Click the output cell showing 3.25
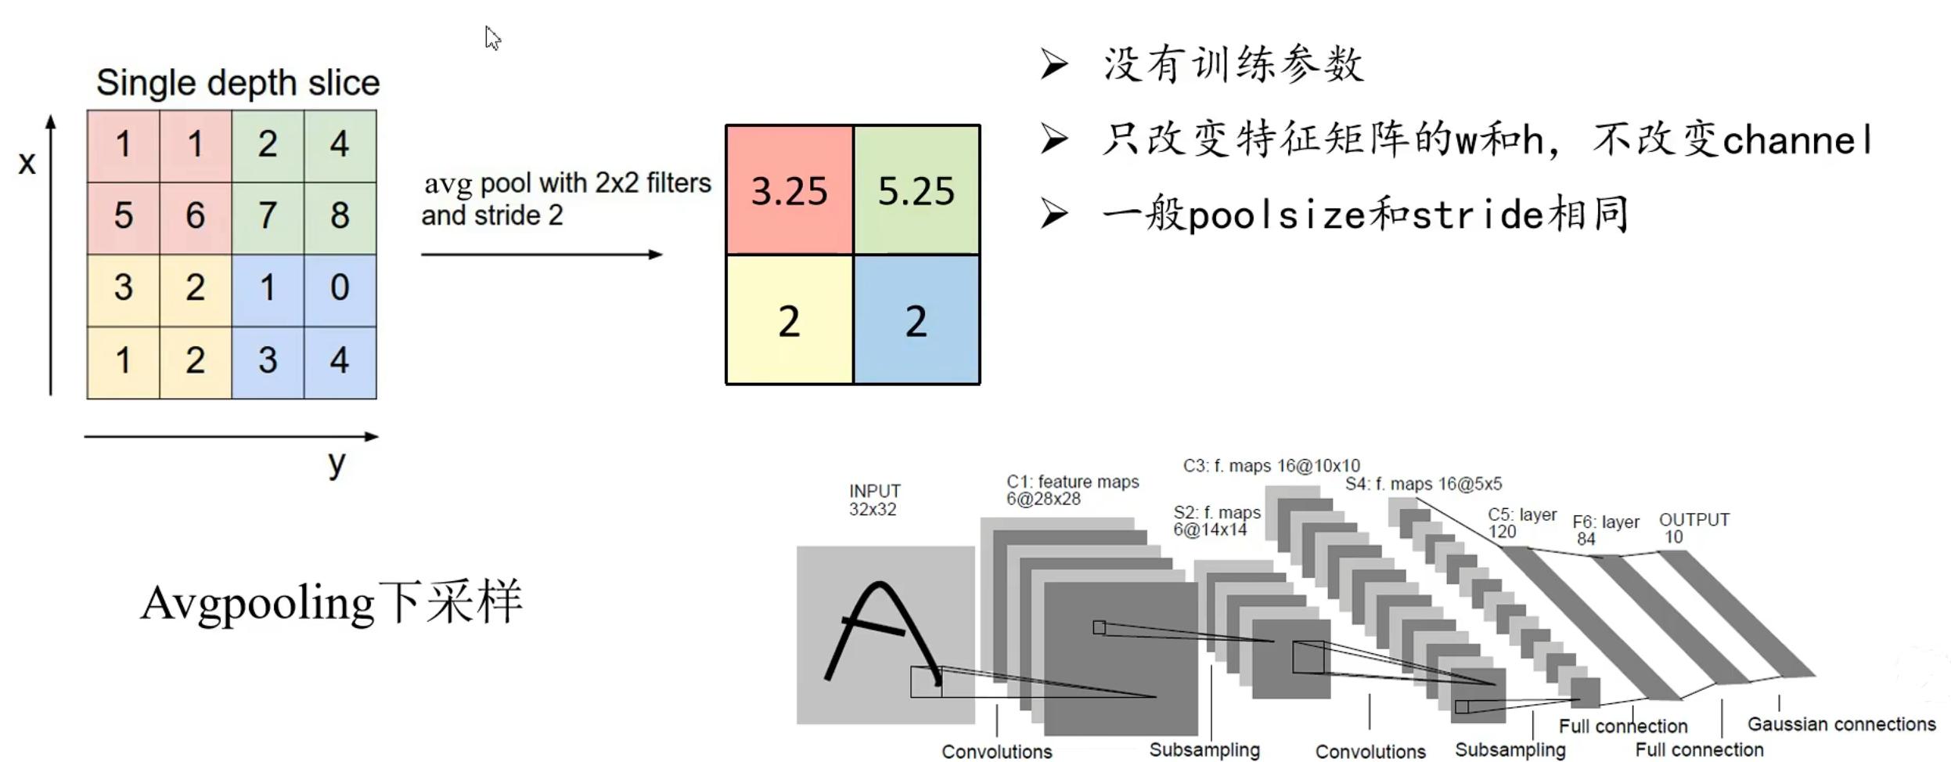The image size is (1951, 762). coord(789,190)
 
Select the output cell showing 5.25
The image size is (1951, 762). coord(916,190)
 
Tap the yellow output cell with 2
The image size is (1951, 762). coord(789,320)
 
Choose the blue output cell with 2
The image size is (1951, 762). coord(916,320)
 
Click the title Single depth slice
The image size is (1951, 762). coord(238,83)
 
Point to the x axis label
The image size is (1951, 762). coord(27,163)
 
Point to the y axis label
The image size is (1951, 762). coord(337,463)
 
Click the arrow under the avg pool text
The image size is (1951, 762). coord(542,254)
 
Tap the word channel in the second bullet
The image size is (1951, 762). coord(1798,141)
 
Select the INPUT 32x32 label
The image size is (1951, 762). coord(874,500)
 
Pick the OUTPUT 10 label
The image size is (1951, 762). coord(1693,528)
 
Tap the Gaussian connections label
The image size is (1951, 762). coord(1841,724)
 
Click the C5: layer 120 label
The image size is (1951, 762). coord(1521,523)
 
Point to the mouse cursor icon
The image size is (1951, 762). coord(492,38)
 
